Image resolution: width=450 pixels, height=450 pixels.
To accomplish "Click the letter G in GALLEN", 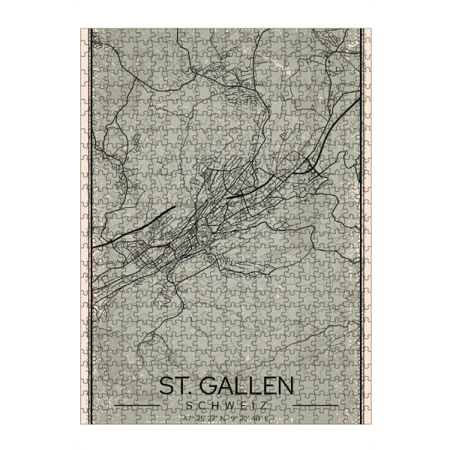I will click(208, 387).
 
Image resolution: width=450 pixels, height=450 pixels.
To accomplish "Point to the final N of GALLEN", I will click(283, 387).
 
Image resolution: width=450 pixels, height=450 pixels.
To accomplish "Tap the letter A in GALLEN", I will click(224, 387).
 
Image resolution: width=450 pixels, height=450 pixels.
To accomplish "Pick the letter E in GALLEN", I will click(265, 387).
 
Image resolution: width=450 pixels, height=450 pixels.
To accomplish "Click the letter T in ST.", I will click(180, 387).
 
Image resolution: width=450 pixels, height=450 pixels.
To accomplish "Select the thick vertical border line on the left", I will click(90, 225).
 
